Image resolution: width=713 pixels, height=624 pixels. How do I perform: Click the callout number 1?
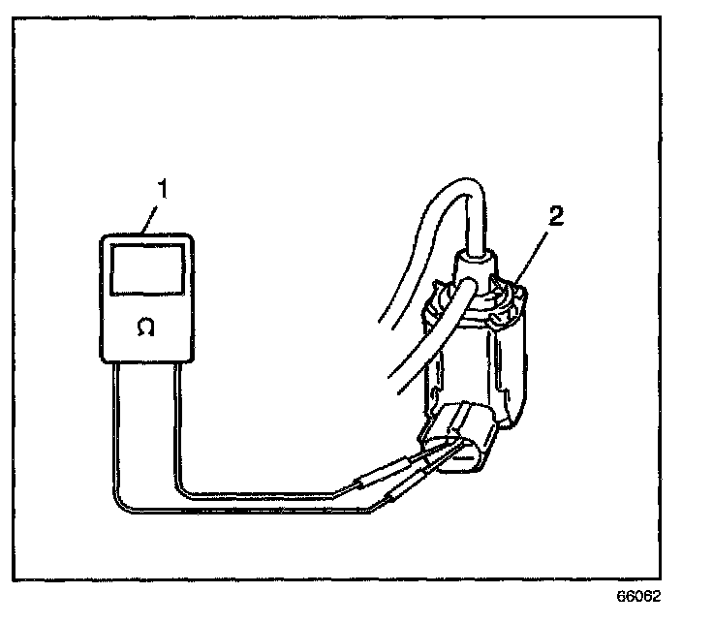[164, 191]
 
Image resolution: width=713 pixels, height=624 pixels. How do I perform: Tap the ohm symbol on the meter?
[146, 328]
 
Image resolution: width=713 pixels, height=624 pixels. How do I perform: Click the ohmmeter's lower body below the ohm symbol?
[146, 349]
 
